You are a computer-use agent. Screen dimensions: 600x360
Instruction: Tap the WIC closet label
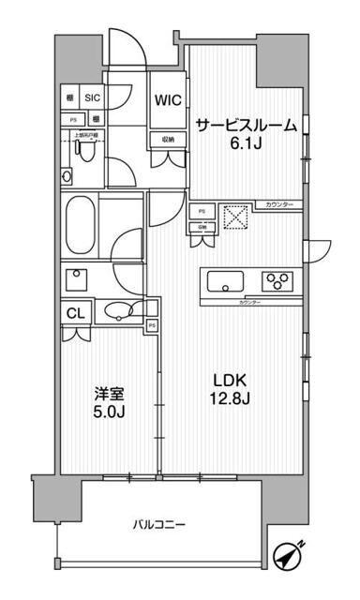[169, 98]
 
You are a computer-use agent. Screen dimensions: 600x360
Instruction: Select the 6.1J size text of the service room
[247, 143]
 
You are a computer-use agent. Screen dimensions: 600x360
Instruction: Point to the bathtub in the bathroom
[79, 224]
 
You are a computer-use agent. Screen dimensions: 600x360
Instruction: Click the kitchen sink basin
[224, 279]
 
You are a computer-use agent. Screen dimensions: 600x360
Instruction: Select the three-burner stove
[277, 279]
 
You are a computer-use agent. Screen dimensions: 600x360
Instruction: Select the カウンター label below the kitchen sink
[248, 303]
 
